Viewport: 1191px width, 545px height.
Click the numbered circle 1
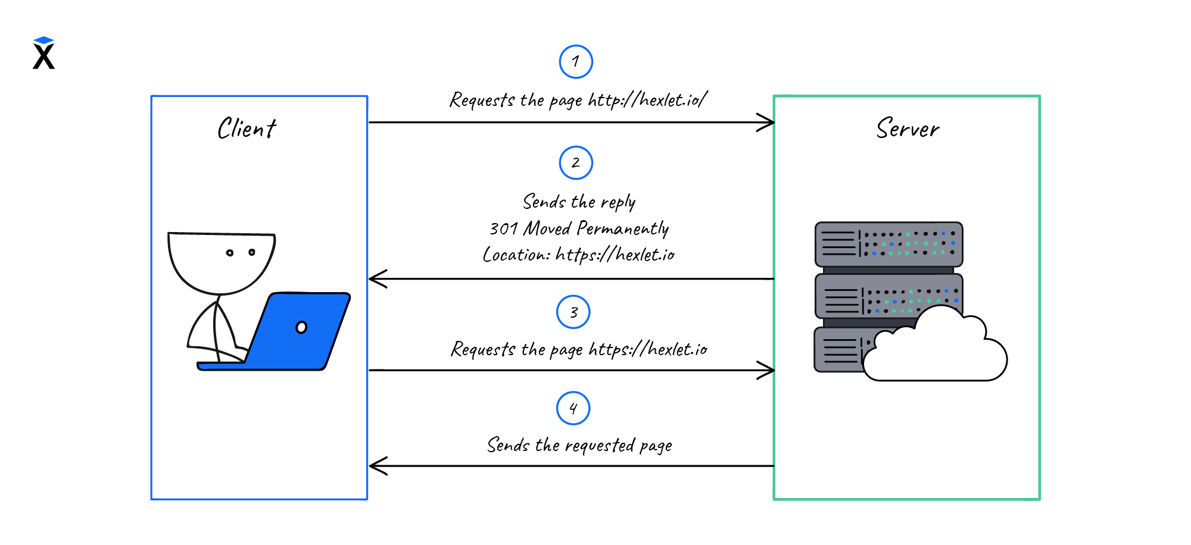(x=576, y=61)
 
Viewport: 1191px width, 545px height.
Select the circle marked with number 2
(x=576, y=162)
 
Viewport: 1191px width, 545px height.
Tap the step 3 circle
(x=573, y=312)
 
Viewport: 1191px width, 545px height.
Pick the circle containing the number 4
(x=573, y=408)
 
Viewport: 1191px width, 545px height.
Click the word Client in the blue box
(x=247, y=129)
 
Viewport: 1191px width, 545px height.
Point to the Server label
(x=908, y=129)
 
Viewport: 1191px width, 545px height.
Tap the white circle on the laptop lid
(x=301, y=327)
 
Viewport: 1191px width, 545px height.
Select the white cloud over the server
(x=935, y=351)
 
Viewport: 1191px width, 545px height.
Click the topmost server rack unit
(x=888, y=244)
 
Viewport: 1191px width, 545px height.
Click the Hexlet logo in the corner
(x=43, y=54)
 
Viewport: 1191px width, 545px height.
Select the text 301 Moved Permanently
(x=579, y=228)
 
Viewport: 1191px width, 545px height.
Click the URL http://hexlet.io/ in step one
(x=647, y=100)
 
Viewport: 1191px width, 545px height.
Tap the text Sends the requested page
(x=579, y=445)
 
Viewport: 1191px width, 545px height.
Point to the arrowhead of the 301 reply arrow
(x=376, y=278)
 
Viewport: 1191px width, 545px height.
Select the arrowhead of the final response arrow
(x=376, y=466)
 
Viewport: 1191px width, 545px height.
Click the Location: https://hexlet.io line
(x=579, y=255)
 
